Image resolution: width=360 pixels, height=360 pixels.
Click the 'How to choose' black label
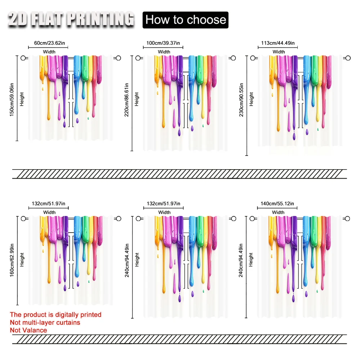coord(185,19)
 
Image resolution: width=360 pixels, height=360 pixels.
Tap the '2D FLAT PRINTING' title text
coord(71,19)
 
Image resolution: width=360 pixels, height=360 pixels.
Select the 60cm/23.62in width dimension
coord(50,43)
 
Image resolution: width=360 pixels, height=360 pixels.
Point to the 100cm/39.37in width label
coord(164,43)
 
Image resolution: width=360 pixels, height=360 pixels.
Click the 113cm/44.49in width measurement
coord(278,43)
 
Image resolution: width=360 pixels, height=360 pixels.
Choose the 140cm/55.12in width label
coord(278,203)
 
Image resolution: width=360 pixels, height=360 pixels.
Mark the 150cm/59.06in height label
coord(12,98)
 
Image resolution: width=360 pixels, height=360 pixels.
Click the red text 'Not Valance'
coord(28,330)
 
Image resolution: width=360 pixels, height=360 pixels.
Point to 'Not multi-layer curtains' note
coord(45,323)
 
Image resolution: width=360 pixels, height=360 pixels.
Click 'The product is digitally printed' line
coord(56,315)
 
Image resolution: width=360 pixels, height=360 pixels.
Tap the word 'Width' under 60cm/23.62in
coord(49,52)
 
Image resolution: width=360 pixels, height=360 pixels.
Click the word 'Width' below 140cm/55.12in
coord(278,212)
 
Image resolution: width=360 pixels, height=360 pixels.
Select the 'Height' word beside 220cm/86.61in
coord(137,99)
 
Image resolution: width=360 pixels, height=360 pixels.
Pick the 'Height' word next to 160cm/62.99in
coord(22,260)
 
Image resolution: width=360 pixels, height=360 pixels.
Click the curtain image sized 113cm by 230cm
coord(300,101)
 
